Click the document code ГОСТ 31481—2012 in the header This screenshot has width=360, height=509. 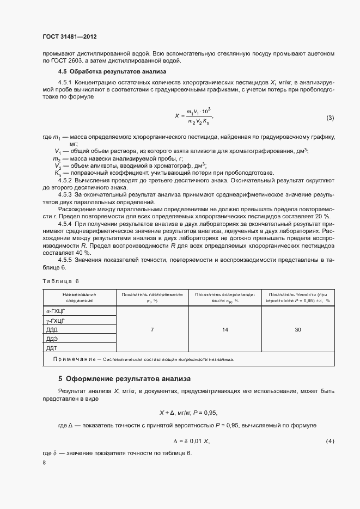pos(69,37)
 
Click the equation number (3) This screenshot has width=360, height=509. pos(330,118)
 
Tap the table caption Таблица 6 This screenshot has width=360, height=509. pos(60,280)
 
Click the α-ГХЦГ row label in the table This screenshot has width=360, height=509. pos(57,311)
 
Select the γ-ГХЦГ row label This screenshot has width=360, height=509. pos(56,321)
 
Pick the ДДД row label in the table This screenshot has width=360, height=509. pos(52,330)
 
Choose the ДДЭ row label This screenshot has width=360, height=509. pos(52,339)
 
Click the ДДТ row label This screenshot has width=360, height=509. pos(52,348)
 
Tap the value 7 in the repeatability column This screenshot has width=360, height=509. pos(152,329)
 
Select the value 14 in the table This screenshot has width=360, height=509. pos(225,329)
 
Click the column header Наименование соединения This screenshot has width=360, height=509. pos(80,297)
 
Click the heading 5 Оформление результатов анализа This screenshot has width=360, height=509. pos(124,378)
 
